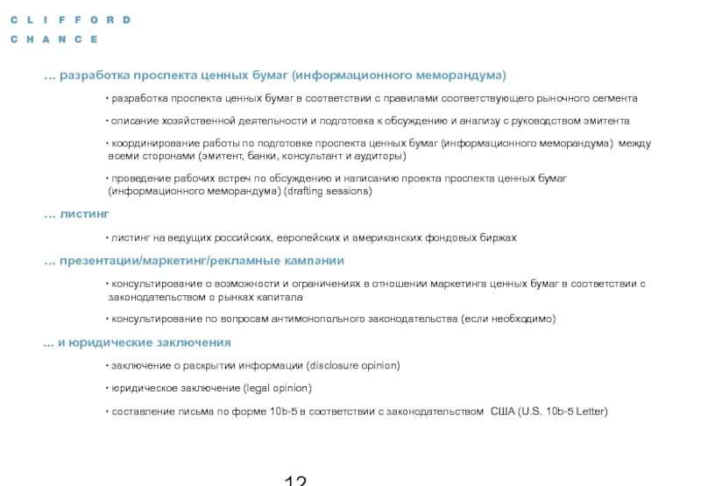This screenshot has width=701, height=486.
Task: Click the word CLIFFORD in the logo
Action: [71, 19]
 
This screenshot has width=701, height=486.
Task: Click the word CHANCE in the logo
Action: [54, 39]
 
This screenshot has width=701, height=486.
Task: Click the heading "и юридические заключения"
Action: [145, 342]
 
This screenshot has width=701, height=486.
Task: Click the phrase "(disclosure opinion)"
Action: [352, 365]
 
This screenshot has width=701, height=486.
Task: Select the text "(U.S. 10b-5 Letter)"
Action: [563, 412]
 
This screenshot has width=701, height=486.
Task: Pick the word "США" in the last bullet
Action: [502, 412]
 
